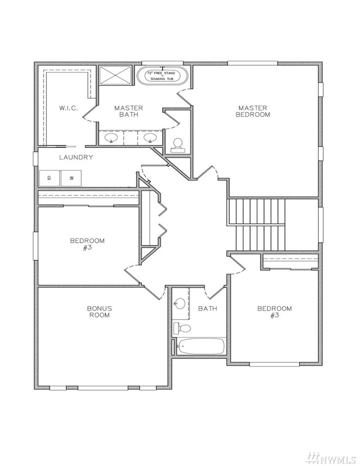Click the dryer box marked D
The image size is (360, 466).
[49, 178]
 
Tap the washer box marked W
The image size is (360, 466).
[71, 178]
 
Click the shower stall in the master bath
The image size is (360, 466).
[115, 76]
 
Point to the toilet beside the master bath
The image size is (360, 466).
[178, 145]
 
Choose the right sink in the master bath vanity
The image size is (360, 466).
[150, 138]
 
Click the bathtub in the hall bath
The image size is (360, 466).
[201, 346]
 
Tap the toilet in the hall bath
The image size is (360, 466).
[182, 328]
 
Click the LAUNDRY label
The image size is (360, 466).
[76, 157]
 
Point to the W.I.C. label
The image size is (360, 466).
[68, 108]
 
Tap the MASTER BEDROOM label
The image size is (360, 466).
[253, 111]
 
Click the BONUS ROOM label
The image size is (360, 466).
[99, 312]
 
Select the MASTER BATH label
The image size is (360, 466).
[128, 111]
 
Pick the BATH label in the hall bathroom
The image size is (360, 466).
[207, 308]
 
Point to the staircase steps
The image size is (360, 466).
[256, 225]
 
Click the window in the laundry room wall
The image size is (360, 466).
[36, 159]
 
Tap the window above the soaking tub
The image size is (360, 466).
[163, 63]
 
